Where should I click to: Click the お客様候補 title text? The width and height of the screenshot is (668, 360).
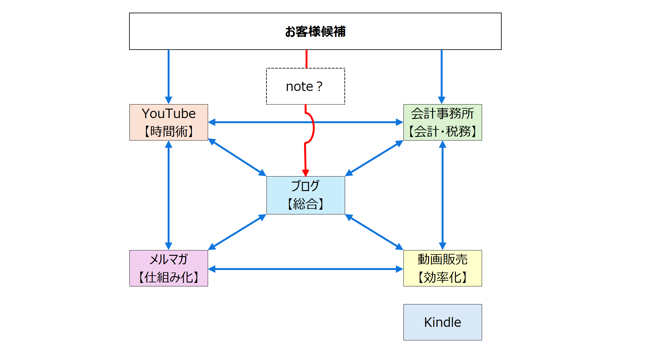(x=315, y=32)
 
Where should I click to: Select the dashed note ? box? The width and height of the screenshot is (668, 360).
(x=305, y=86)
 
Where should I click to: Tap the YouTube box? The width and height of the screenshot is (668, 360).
(x=169, y=122)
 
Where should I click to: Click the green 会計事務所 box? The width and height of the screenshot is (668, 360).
(x=442, y=122)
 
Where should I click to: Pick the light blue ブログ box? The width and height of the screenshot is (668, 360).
(x=305, y=195)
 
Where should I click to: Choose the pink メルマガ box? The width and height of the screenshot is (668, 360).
(x=169, y=268)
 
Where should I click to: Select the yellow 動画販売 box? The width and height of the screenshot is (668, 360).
(x=442, y=268)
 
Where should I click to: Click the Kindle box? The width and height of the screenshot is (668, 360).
(x=442, y=322)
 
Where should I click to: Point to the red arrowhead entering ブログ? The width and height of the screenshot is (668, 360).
(x=305, y=173)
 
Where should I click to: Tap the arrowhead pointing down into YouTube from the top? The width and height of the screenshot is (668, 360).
(x=169, y=100)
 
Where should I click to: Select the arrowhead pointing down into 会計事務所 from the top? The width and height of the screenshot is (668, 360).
(x=441, y=100)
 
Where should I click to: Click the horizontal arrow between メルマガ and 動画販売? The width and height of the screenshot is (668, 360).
(x=305, y=269)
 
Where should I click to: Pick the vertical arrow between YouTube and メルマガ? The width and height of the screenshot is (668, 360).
(x=169, y=195)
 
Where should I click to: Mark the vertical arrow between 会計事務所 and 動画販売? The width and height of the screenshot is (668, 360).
(x=442, y=195)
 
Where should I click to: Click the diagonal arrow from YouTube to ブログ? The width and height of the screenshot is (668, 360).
(x=237, y=157)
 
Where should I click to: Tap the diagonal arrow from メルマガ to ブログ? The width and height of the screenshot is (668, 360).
(x=237, y=232)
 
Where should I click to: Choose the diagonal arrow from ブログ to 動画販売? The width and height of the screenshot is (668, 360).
(x=374, y=232)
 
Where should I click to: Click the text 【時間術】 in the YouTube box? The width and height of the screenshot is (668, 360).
(x=169, y=131)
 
